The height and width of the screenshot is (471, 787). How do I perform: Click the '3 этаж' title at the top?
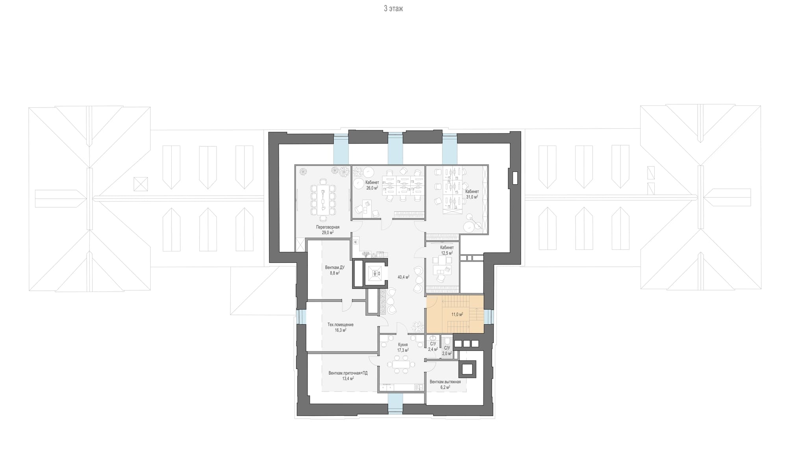click(393, 9)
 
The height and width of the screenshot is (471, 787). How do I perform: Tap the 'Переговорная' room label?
click(328, 227)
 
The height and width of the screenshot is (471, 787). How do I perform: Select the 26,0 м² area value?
click(372, 188)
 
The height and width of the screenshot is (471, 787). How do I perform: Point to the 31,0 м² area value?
click(472, 197)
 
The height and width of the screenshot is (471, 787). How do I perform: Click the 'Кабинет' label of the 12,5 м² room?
click(447, 248)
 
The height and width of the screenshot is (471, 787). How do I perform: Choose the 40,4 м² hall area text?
click(403, 277)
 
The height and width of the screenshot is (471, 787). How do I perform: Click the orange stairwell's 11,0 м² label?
click(457, 314)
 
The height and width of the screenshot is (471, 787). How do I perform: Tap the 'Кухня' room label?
click(403, 345)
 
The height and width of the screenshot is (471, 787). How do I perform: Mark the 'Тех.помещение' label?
click(341, 325)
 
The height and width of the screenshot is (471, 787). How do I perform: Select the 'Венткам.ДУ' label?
click(335, 267)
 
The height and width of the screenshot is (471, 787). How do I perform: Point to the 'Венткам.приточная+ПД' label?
click(348, 373)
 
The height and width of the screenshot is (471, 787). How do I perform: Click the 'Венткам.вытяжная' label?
click(445, 382)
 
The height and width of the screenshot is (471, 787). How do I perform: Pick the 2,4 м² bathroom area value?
click(433, 349)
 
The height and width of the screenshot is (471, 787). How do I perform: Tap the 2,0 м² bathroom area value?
click(447, 353)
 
